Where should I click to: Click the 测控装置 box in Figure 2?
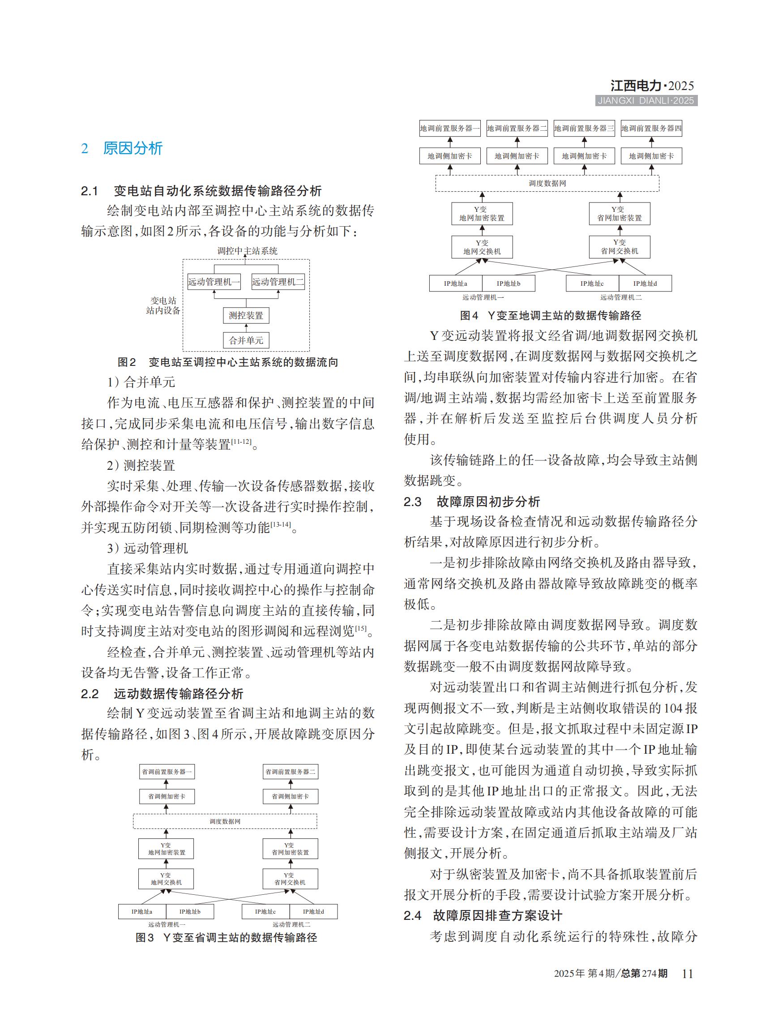tap(246, 316)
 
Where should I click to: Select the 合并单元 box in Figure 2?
tap(246, 341)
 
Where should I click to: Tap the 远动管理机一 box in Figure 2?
tap(214, 282)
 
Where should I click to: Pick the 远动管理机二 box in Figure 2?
tap(278, 282)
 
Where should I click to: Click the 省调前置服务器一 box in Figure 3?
tap(167, 772)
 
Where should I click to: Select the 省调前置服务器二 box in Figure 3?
tap(290, 772)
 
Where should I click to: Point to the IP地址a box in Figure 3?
tap(142, 911)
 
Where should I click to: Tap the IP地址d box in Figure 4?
tap(645, 283)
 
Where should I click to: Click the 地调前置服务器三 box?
tap(584, 128)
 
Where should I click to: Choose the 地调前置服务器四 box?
tap(651, 128)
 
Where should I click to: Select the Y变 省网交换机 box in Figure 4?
tap(620, 247)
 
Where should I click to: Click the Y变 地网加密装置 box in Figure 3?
tap(166, 849)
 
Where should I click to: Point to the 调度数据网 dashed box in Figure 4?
tap(547, 184)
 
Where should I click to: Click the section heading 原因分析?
tap(133, 148)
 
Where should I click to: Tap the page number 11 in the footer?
tap(687, 974)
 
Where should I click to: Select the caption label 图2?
tap(127, 362)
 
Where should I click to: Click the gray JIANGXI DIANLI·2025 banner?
tap(646, 101)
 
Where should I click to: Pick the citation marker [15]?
tap(361, 628)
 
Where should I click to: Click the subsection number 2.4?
tap(412, 916)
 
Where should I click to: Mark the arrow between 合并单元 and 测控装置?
tap(246, 328)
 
